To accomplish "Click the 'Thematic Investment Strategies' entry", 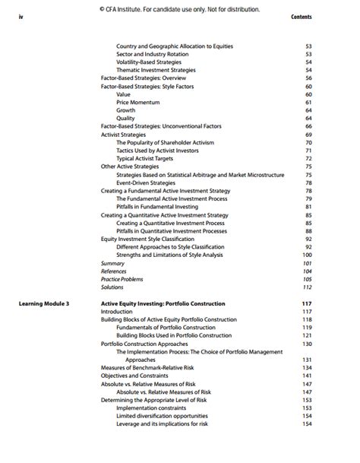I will coord(156,70).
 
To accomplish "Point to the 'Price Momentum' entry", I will coord(137,102).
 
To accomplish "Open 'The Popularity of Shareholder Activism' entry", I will coord(165,142).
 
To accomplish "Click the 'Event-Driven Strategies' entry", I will coord(146,182).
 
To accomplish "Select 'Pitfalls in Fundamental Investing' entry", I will coord(157,207).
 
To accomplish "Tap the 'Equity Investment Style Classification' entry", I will coord(147,239).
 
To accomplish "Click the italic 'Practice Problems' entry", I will coord(122,279).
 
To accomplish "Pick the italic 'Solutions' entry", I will coord(112,287).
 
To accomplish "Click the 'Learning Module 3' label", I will coord(44,303).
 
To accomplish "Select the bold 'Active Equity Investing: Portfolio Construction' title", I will coord(163,303).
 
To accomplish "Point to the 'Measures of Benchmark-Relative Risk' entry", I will coord(148,367).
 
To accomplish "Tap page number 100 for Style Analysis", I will coord(307,255).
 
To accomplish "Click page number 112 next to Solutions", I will coord(307,287).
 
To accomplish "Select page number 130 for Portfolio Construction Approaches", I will coord(307,344).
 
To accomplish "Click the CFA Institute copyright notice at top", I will coord(179,9).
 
